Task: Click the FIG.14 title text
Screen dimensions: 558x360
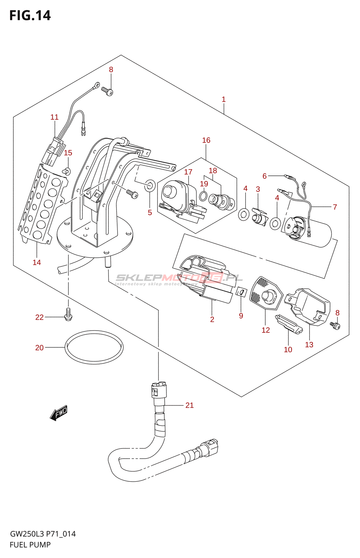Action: (x=30, y=16)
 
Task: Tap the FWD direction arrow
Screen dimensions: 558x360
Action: (x=59, y=413)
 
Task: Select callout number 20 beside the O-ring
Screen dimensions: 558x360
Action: (x=39, y=348)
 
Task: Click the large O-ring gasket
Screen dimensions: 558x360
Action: (x=94, y=347)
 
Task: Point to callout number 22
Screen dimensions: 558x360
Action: (x=39, y=317)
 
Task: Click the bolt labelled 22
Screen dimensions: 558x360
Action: (x=68, y=314)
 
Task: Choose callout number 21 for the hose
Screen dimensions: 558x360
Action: (x=189, y=405)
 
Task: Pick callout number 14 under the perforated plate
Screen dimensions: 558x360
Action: (x=37, y=263)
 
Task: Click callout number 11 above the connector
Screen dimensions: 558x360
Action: (x=54, y=117)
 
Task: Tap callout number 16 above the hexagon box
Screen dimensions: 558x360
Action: (x=206, y=140)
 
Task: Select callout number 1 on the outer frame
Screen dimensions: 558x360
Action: (x=224, y=99)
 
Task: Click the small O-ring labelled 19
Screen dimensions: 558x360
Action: (x=203, y=196)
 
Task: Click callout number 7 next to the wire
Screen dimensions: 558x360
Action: (x=335, y=207)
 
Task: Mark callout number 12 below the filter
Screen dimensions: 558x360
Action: (x=266, y=330)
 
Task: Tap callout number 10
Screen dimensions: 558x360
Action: (x=288, y=350)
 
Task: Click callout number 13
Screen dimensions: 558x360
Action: (x=309, y=345)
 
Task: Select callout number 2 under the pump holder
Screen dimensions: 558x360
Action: (x=212, y=319)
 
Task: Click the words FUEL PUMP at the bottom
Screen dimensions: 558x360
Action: (x=30, y=545)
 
